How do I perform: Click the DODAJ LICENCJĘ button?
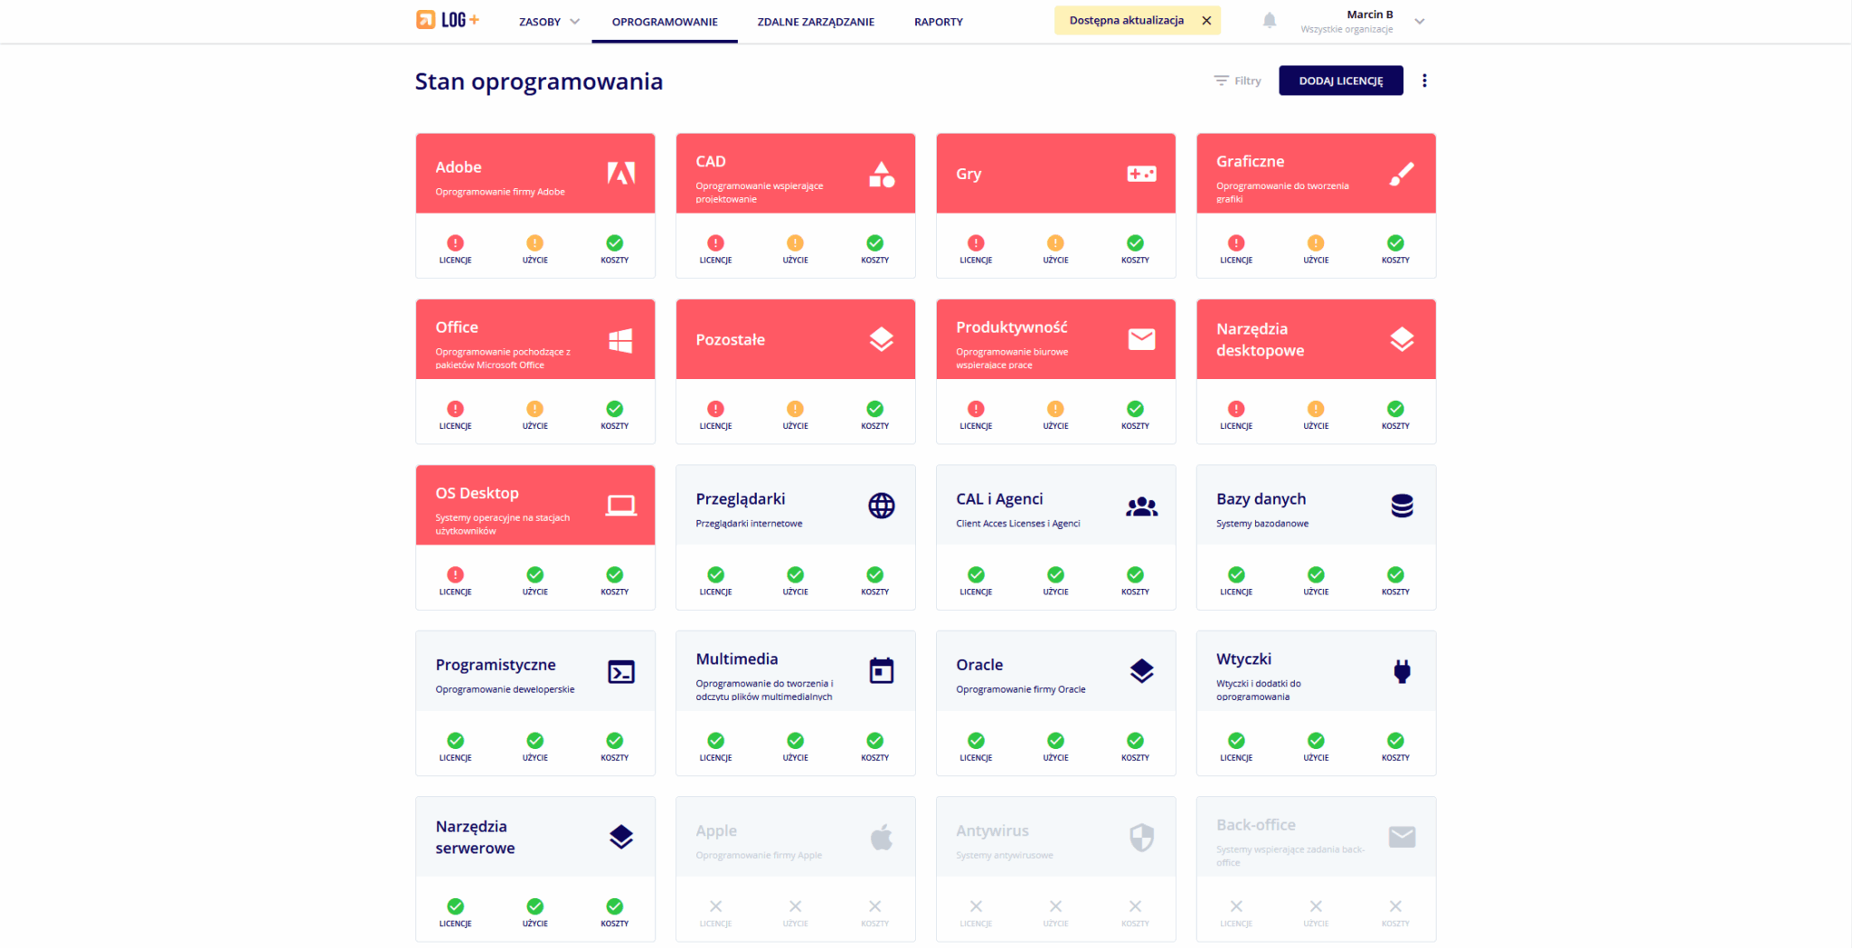point(1340,81)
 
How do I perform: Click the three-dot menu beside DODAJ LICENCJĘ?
point(1424,81)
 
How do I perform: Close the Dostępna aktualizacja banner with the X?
point(1206,21)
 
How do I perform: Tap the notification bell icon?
point(1270,20)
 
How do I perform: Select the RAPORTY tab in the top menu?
point(938,22)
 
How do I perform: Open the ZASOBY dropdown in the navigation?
point(549,22)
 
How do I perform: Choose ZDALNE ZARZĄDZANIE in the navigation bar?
point(816,22)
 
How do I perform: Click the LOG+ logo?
point(448,20)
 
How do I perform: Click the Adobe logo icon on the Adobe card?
point(621,173)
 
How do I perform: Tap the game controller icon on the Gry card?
point(1141,174)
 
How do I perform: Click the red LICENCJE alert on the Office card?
point(456,409)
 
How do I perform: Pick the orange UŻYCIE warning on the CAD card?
point(795,243)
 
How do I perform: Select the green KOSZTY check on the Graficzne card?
point(1395,243)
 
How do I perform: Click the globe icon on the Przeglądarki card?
point(882,506)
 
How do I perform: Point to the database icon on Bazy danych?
point(1402,506)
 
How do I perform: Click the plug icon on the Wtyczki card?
point(1402,671)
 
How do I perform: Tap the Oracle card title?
point(979,665)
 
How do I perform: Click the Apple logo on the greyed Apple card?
point(882,837)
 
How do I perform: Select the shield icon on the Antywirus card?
point(1141,837)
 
